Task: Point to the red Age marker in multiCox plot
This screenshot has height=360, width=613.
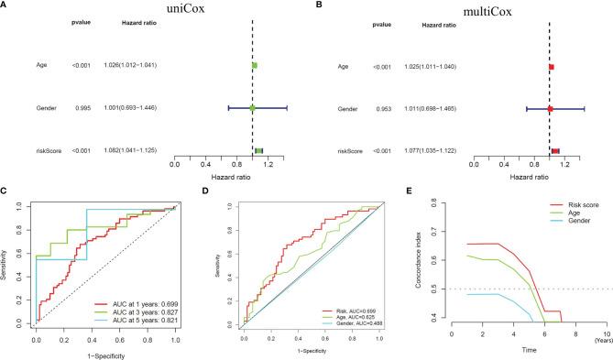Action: point(552,67)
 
